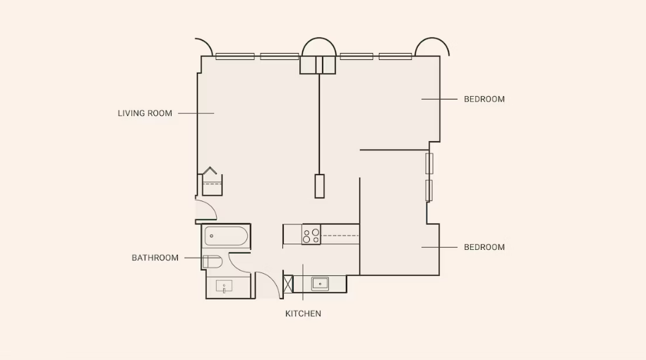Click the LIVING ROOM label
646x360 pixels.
pos(145,113)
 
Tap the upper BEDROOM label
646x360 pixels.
pos(484,100)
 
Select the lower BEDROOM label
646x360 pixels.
pos(484,247)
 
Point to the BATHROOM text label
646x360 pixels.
pos(155,258)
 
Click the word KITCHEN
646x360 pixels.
pos(303,313)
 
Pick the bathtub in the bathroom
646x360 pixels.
pos(226,236)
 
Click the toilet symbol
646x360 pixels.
pos(213,261)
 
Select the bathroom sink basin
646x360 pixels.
pos(224,286)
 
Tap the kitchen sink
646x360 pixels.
pos(320,284)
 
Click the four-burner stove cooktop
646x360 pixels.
pos(311,235)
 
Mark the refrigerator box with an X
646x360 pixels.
pos(288,284)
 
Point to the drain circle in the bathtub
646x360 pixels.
pos(212,236)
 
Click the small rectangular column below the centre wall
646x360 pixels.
pos(319,186)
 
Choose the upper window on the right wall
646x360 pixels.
pos(429,164)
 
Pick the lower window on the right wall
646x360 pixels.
pos(429,191)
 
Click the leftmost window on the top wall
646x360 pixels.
pos(235,56)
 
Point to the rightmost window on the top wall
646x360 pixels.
pos(395,56)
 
